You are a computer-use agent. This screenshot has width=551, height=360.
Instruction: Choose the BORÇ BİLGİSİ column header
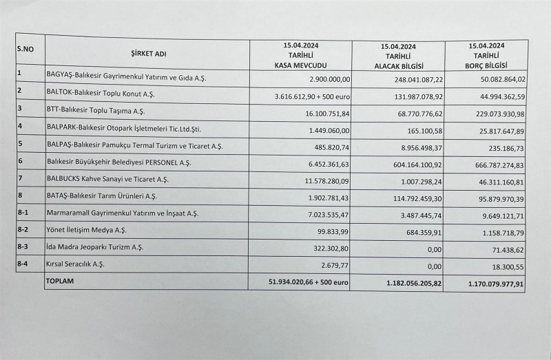click(486, 56)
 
